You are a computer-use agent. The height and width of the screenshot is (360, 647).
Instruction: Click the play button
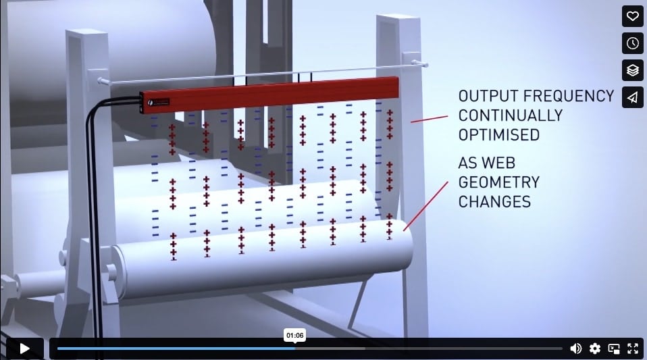pos(25,349)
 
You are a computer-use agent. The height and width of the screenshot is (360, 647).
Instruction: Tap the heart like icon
pos(633,16)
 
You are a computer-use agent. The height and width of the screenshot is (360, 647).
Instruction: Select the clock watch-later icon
pos(633,43)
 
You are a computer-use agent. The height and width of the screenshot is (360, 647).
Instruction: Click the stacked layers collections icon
pos(633,71)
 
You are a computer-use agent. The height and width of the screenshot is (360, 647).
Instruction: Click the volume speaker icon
pos(575,349)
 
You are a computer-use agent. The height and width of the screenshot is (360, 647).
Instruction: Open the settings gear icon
pos(594,349)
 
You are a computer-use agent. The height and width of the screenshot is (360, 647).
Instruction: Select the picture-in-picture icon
pos(614,349)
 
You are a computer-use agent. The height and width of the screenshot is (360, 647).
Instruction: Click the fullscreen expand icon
pos(633,349)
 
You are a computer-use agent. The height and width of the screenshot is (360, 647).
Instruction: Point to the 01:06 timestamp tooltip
pos(294,335)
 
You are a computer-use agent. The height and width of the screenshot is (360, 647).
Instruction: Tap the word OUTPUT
pos(488,96)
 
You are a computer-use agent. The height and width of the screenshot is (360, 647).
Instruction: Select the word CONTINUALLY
pos(511,115)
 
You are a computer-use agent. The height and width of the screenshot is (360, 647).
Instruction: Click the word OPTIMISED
pos(499,135)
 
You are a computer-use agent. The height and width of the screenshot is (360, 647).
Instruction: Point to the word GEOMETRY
pos(499,182)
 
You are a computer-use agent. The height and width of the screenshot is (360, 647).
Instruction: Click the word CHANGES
pos(494,202)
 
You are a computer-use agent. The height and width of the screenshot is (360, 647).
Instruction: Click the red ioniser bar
pos(269,94)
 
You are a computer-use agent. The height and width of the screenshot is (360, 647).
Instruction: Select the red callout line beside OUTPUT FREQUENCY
pos(429,120)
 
